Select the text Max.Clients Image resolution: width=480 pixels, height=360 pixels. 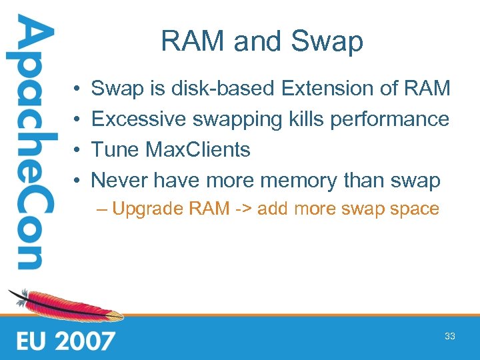(x=199, y=149)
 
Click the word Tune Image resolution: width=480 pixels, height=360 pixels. (x=115, y=149)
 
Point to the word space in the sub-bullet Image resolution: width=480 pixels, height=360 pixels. (x=419, y=209)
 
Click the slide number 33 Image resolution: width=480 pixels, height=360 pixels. (x=450, y=336)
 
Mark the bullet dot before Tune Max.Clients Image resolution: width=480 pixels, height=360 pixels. (x=79, y=150)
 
